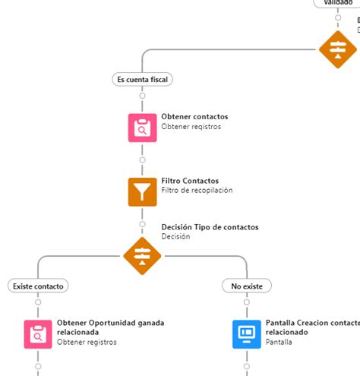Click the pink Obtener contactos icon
coord(142,127)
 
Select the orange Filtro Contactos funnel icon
coord(142,191)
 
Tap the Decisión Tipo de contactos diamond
coord(142,255)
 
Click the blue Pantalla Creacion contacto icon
coord(247,333)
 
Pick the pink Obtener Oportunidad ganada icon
coord(38,333)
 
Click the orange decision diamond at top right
coord(337,49)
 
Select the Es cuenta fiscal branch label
coord(142,78)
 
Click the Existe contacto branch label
coord(38,286)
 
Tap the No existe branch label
coord(247,286)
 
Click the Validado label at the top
coord(337,2)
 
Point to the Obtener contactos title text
coord(194,117)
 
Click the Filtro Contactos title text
coord(190,181)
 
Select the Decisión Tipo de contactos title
coord(210,227)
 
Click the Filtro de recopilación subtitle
coord(197,191)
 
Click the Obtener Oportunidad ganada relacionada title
coord(110,327)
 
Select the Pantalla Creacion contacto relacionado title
coord(311,327)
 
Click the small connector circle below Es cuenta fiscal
coord(142,96)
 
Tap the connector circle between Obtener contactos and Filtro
coord(142,160)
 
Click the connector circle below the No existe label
coord(247,302)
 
